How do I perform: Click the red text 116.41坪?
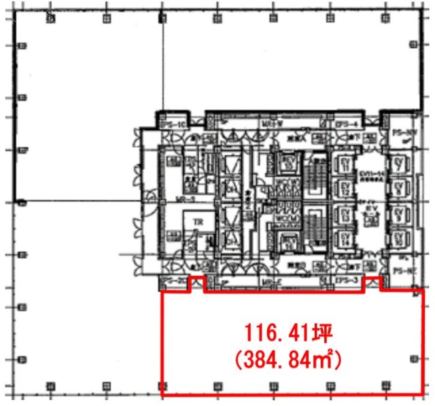pyautogui.click(x=288, y=333)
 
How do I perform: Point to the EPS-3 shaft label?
pyautogui.click(x=346, y=280)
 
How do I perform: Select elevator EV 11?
pyautogui.click(x=345, y=163)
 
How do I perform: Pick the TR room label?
pyautogui.click(x=198, y=222)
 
